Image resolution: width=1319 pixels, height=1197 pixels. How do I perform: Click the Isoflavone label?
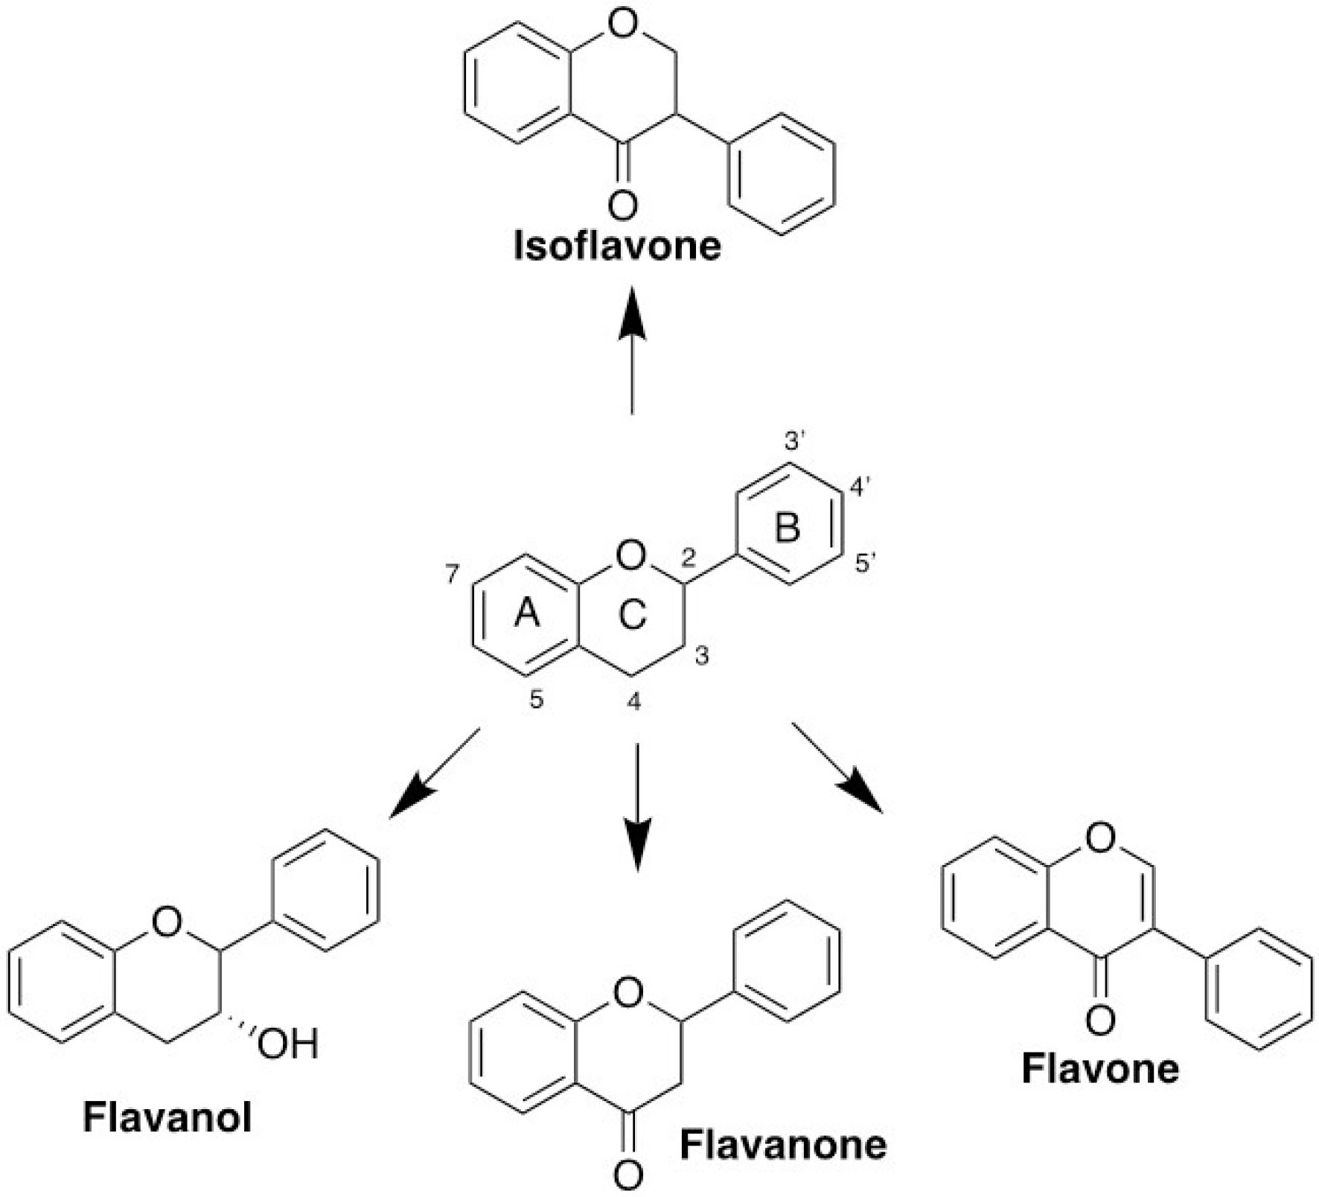(617, 246)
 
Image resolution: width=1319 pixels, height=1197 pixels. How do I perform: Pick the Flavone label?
(1100, 1068)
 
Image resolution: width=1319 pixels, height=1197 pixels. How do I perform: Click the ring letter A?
(527, 613)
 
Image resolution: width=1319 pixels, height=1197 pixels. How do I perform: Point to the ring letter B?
(788, 528)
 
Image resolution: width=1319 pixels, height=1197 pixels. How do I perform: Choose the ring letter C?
(632, 616)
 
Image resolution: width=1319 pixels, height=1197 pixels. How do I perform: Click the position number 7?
(454, 574)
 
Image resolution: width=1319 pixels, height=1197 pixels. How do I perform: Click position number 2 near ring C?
(689, 556)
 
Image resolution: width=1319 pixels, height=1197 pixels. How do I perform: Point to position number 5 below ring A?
(537, 700)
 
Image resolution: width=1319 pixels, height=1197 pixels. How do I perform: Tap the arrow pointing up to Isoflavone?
(633, 350)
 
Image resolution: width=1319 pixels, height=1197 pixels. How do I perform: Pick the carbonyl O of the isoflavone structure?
(622, 203)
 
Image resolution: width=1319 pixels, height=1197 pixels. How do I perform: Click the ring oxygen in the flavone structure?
(1100, 839)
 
